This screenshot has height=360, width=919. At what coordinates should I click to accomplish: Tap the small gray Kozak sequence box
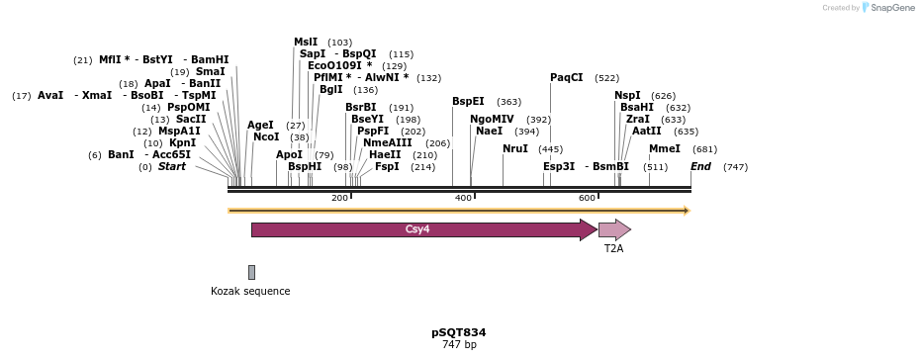pyautogui.click(x=251, y=272)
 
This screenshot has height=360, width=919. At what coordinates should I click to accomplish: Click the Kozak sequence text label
pyautogui.click(x=250, y=291)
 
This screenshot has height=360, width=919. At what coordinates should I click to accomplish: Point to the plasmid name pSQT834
pyautogui.click(x=458, y=332)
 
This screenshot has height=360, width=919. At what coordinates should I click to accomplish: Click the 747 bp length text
pyautogui.click(x=458, y=345)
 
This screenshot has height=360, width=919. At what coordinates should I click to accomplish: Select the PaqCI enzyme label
pyautogui.click(x=567, y=77)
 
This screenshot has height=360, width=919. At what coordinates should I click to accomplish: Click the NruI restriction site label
pyautogui.click(x=515, y=148)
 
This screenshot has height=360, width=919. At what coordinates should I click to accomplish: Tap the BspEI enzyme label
pyautogui.click(x=468, y=101)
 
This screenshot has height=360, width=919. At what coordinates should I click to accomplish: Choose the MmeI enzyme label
pyautogui.click(x=665, y=148)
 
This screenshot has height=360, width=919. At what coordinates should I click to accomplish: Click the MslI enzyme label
pyautogui.click(x=306, y=42)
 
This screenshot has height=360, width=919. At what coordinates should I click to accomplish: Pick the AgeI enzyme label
pyautogui.click(x=260, y=125)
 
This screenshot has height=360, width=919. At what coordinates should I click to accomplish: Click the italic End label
pyautogui.click(x=700, y=166)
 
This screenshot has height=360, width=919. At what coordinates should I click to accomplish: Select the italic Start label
pyautogui.click(x=171, y=166)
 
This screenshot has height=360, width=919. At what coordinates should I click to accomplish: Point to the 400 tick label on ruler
pyautogui.click(x=463, y=198)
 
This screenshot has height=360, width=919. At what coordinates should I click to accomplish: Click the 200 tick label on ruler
pyautogui.click(x=339, y=198)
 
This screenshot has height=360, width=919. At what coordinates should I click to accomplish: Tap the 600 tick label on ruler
pyautogui.click(x=587, y=198)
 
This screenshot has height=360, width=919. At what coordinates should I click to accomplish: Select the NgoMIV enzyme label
pyautogui.click(x=492, y=119)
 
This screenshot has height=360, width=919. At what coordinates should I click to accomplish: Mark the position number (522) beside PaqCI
pyautogui.click(x=606, y=78)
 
